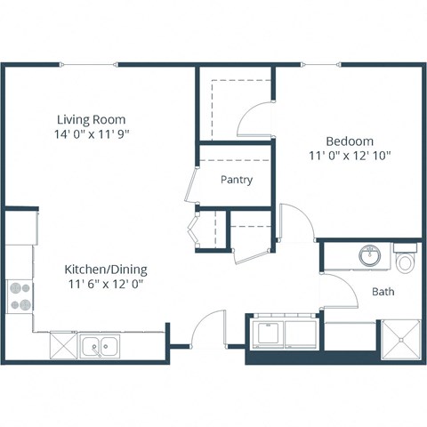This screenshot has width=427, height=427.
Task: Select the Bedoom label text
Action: (349, 141)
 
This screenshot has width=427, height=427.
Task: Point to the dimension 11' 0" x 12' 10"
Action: (349, 156)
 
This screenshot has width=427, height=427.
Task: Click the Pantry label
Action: (237, 180)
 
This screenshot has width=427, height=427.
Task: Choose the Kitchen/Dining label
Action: (106, 270)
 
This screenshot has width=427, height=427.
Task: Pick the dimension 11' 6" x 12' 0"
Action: (106, 285)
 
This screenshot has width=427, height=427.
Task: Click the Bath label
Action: (383, 292)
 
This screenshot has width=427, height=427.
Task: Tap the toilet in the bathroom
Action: (407, 262)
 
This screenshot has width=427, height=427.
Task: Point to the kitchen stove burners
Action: (19, 295)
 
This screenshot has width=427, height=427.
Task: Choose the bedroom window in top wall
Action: (321, 64)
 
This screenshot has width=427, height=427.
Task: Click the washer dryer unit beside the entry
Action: (283, 335)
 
